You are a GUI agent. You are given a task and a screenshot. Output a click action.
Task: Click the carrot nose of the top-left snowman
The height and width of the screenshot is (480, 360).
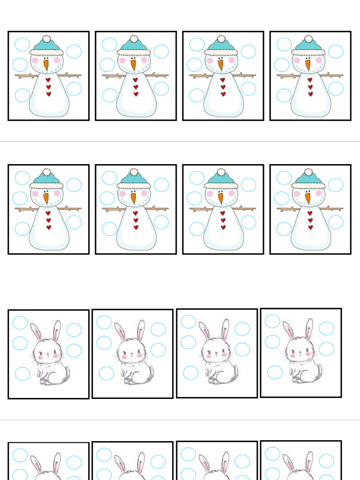tap(46, 65)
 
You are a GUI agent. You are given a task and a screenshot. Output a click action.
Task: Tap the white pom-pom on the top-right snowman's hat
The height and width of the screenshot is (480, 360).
tap(308, 39)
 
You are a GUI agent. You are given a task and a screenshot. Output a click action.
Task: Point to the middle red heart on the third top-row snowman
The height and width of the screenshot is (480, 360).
tap(223, 87)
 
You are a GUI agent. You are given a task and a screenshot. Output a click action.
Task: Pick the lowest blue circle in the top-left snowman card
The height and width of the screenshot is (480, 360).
tap(22, 95)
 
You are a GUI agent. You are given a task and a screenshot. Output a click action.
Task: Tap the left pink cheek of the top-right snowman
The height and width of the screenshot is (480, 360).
tap(296, 60)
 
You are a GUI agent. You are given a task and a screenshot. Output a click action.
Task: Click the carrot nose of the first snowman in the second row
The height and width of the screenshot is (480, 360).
tap(46, 198)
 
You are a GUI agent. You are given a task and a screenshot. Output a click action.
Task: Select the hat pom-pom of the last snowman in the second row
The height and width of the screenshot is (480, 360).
tap(308, 172)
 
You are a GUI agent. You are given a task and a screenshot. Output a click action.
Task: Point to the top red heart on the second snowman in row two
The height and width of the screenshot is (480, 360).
tap(135, 213)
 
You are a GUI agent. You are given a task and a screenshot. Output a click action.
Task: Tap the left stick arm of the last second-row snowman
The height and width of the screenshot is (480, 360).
tap(285, 209)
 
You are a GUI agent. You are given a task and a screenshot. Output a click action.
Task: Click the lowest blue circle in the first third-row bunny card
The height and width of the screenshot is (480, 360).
tap(22, 374)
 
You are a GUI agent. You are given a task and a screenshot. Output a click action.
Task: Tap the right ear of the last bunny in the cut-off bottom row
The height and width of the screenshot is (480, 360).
tap(310, 461)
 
